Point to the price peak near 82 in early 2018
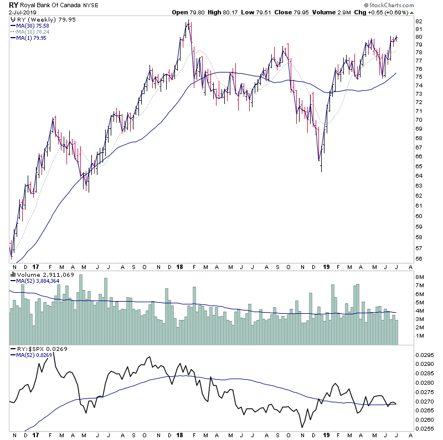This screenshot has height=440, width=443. coord(189,22)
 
